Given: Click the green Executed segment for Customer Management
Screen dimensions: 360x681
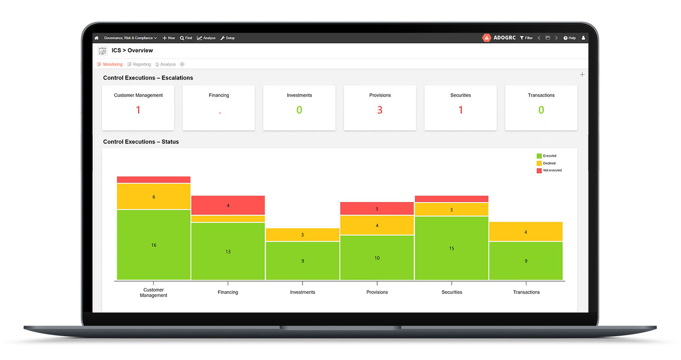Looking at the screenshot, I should (x=153, y=245).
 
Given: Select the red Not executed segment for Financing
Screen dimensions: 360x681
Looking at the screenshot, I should (x=228, y=206).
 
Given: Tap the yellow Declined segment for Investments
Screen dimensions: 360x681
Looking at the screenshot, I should (x=302, y=235).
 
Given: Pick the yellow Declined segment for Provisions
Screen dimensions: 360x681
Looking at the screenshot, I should (x=377, y=225).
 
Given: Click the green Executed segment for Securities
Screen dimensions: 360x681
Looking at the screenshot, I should (x=451, y=248).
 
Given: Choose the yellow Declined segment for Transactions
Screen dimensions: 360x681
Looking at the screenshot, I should (x=526, y=232).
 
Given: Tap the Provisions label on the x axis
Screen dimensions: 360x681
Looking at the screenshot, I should (x=377, y=292).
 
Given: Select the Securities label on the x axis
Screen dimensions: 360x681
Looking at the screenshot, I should (x=452, y=292).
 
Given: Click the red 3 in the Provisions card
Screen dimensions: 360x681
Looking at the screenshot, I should (x=380, y=110).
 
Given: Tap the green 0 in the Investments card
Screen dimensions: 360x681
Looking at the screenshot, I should (x=299, y=110).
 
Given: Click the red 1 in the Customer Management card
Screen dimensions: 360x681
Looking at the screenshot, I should (x=138, y=110).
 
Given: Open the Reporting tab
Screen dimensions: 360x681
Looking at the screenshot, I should (x=140, y=64).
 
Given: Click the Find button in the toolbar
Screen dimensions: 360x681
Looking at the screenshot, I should (x=186, y=38).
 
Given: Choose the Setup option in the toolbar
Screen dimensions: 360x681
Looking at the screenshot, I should (x=228, y=38).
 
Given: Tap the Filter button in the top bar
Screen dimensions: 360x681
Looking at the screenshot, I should (x=527, y=38).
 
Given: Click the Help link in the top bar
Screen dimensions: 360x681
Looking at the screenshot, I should (x=570, y=38).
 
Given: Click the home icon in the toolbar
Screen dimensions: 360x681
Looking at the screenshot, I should (x=96, y=38).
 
